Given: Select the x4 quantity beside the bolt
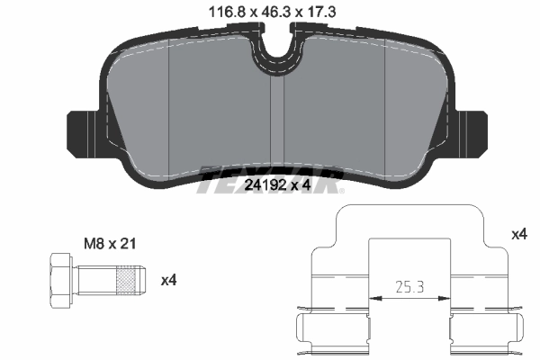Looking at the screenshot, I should point(168,280).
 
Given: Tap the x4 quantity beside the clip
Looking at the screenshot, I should point(518,234).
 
